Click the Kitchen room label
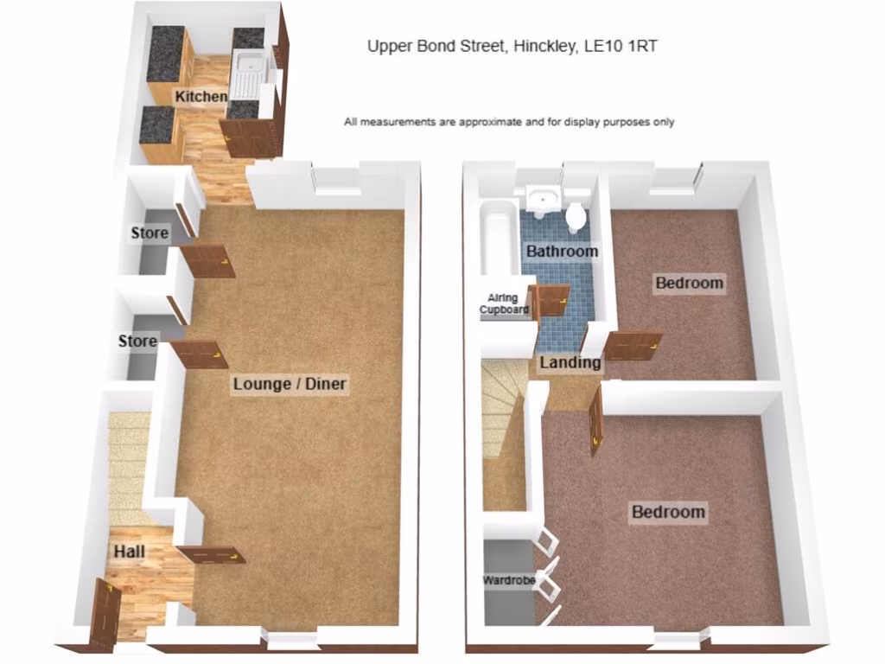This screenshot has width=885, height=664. (201, 97)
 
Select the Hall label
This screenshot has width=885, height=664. (129, 552)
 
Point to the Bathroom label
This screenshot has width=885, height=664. (562, 252)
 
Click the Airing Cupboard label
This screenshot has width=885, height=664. (505, 303)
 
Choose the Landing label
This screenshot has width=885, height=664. (570, 363)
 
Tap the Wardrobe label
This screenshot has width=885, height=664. (509, 580)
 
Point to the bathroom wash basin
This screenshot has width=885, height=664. (543, 198)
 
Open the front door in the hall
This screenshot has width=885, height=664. (105, 615)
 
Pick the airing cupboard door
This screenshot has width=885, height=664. (550, 300)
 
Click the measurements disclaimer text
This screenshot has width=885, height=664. (509, 122)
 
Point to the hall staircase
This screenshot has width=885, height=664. (128, 467)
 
